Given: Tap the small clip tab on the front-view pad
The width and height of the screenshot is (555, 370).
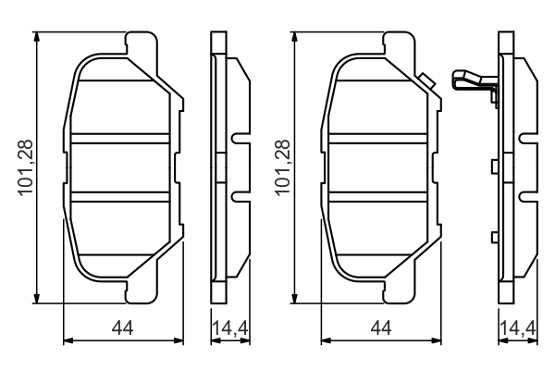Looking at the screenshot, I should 426,81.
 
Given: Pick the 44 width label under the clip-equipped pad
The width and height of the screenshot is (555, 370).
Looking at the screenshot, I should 380,327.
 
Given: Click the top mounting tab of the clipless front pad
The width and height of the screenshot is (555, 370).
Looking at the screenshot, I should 139,43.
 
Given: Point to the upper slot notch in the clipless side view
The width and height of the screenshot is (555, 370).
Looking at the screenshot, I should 239,140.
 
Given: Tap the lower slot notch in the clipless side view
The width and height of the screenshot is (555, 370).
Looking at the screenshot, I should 239,196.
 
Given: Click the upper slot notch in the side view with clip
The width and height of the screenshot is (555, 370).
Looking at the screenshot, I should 525,140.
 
